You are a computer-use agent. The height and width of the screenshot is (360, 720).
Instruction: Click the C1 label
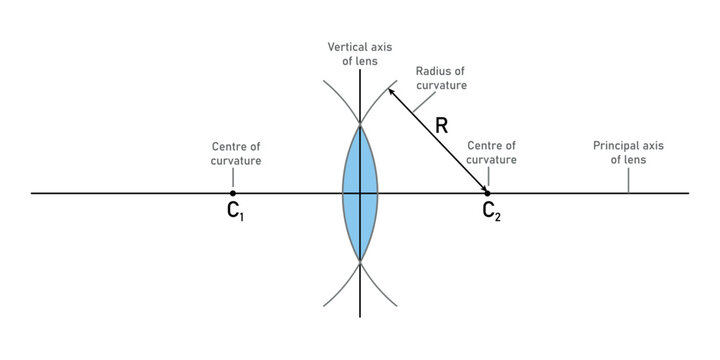click(236, 212)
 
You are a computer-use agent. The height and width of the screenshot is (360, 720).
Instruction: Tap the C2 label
click(490, 212)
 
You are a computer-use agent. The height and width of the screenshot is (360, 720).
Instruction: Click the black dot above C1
click(233, 193)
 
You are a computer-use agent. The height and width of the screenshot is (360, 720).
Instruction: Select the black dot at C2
click(487, 193)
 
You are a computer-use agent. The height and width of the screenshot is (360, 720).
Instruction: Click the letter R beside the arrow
click(442, 127)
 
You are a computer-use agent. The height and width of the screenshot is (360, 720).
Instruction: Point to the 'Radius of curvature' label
click(441, 78)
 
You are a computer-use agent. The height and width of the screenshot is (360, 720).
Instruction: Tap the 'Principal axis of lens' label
click(627, 152)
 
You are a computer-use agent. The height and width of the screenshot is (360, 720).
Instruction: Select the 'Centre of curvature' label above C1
click(236, 153)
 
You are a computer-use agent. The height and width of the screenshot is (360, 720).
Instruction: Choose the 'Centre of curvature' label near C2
click(492, 152)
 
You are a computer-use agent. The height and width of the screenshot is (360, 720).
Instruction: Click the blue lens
click(360, 192)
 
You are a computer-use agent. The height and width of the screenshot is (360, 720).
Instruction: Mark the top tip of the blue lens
click(360, 124)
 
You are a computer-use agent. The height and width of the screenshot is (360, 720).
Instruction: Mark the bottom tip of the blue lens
click(360, 261)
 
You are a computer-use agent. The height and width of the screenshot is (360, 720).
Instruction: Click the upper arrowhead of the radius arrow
click(392, 91)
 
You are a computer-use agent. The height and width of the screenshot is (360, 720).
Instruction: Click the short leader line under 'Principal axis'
click(628, 180)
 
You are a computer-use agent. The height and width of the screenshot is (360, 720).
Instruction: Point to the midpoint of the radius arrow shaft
click(437, 140)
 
